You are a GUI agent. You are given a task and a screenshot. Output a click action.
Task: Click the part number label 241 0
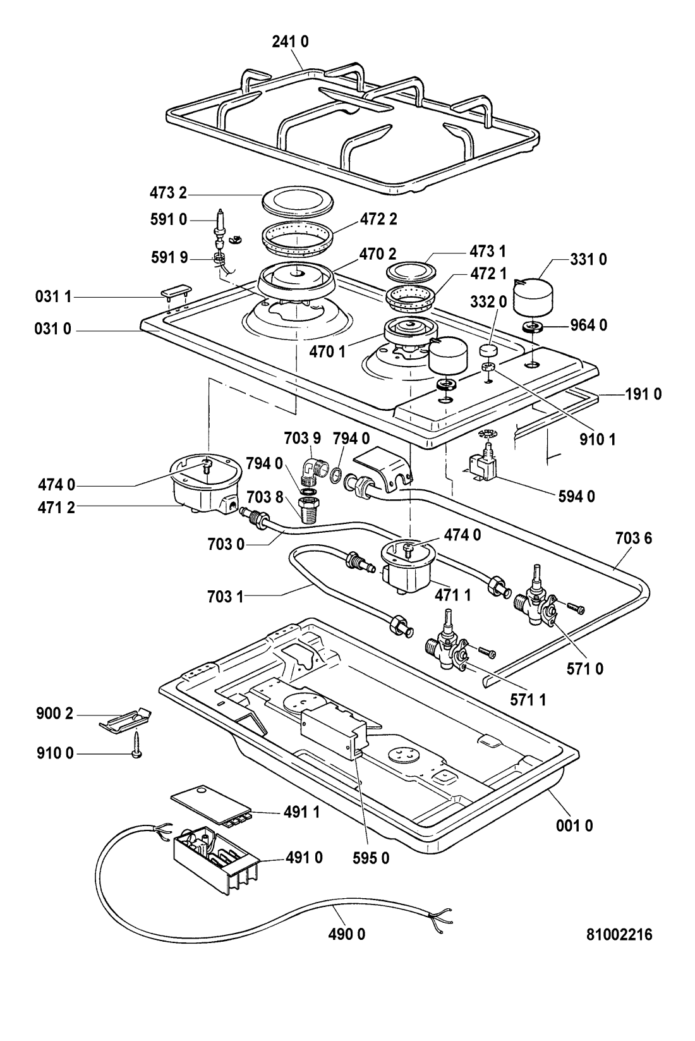tap(290, 42)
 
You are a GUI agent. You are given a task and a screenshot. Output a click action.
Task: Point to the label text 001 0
tap(574, 825)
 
